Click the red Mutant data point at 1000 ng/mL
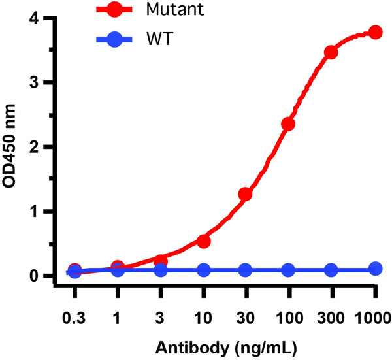tap(375, 32)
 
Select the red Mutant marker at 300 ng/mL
tap(331, 52)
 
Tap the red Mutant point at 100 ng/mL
tap(288, 123)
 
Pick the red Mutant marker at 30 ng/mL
tap(246, 194)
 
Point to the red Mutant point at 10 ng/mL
tap(203, 241)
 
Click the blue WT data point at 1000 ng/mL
tap(375, 269)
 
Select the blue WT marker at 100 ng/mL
tap(288, 270)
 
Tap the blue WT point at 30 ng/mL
tap(246, 270)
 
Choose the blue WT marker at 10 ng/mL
tap(203, 270)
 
